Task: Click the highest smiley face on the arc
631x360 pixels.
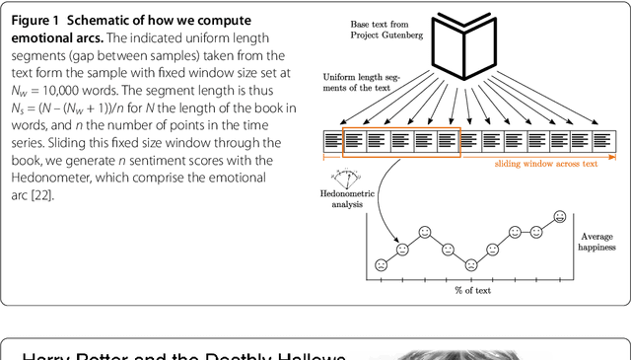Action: click(x=559, y=216)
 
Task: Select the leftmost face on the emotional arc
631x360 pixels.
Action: click(x=381, y=264)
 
